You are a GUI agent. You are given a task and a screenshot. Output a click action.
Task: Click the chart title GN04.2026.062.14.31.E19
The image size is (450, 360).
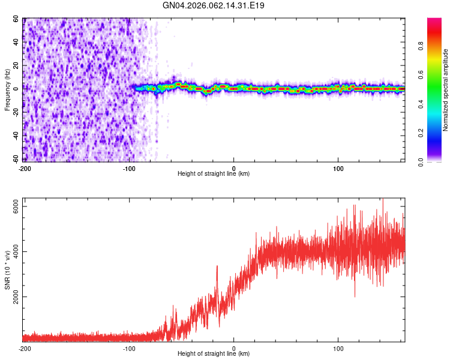pyautogui.click(x=214, y=5)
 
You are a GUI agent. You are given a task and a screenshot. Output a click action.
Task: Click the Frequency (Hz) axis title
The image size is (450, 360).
pyautogui.click(x=7, y=90)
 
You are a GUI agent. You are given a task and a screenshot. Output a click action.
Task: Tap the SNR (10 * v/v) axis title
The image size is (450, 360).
pyautogui.click(x=7, y=271)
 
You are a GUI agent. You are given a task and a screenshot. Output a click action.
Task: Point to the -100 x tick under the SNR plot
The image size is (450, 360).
pyautogui.click(x=129, y=349)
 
